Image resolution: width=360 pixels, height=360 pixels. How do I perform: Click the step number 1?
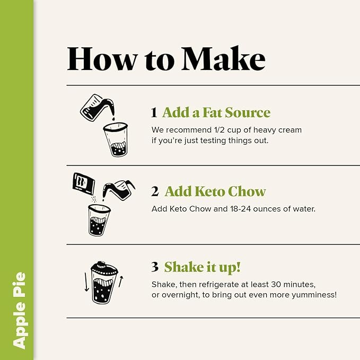coord(154,113)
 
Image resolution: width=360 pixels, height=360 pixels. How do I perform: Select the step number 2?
coord(154,192)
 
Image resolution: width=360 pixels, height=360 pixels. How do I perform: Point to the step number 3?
coord(154,267)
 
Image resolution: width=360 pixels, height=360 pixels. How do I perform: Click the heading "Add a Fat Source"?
coord(216,112)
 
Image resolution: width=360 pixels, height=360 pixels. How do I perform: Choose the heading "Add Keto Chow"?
coord(215,191)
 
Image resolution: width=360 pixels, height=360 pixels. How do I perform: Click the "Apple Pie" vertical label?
coord(20,310)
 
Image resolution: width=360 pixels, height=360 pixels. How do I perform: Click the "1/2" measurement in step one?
coord(222,130)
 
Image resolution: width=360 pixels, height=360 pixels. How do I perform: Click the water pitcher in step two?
coord(118,189)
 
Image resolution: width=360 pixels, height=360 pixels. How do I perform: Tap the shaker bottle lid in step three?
coord(104,267)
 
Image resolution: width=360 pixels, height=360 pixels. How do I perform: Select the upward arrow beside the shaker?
coord(121,282)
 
